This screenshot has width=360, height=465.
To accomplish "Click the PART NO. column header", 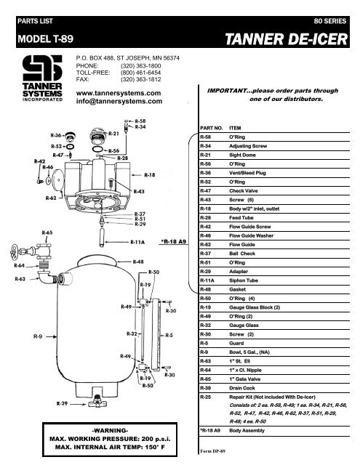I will point(210,126).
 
